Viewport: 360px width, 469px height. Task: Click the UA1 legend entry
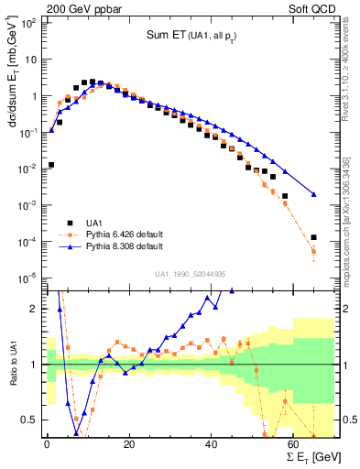tap(94, 222)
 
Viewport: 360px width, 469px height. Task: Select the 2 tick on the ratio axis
tap(35, 309)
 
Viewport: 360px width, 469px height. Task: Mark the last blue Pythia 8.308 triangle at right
tap(314, 194)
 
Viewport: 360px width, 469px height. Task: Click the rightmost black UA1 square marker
tap(314, 237)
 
